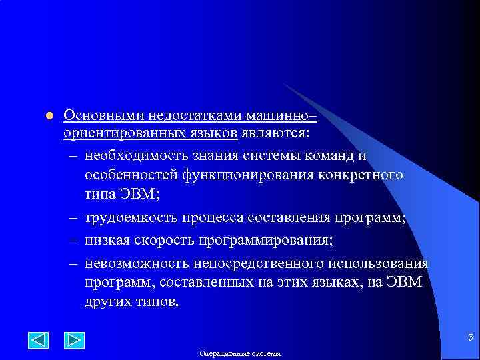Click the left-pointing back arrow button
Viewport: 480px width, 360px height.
point(39,340)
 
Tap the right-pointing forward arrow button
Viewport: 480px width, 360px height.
point(73,340)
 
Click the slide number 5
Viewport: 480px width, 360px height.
point(470,337)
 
